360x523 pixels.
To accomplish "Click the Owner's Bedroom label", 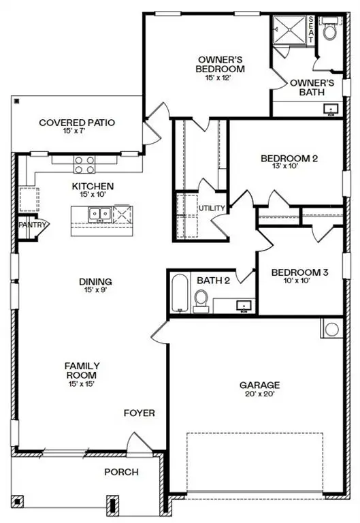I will (220, 63).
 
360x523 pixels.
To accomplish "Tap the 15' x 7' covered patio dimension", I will (76, 131).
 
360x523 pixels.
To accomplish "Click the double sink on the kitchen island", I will (99, 215).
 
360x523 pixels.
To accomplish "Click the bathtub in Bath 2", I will (179, 294).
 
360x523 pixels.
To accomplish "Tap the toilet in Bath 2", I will (201, 300).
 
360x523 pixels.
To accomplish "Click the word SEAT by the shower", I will (312, 31).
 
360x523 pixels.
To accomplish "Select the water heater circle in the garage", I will (331, 329).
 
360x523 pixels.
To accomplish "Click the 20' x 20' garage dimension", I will (259, 394).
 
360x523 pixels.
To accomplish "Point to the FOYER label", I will (139, 413).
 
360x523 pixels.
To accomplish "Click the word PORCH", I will (121, 472).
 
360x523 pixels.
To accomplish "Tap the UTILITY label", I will (211, 208).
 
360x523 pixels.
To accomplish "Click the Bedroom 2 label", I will (289, 159).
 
